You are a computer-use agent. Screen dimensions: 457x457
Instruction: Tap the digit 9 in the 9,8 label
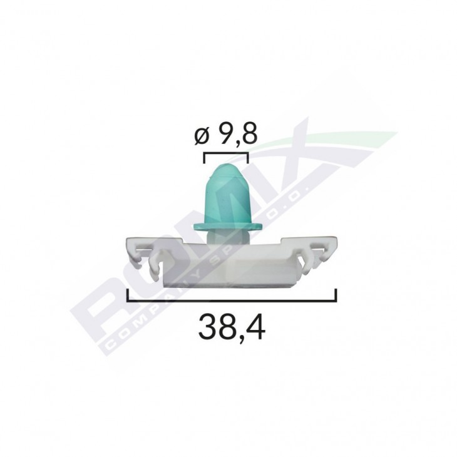227,135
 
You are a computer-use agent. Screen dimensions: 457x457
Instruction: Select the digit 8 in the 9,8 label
249,135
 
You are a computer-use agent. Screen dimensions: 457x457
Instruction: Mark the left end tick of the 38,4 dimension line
128,295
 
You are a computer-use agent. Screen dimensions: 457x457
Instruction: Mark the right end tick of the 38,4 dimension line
337,295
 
